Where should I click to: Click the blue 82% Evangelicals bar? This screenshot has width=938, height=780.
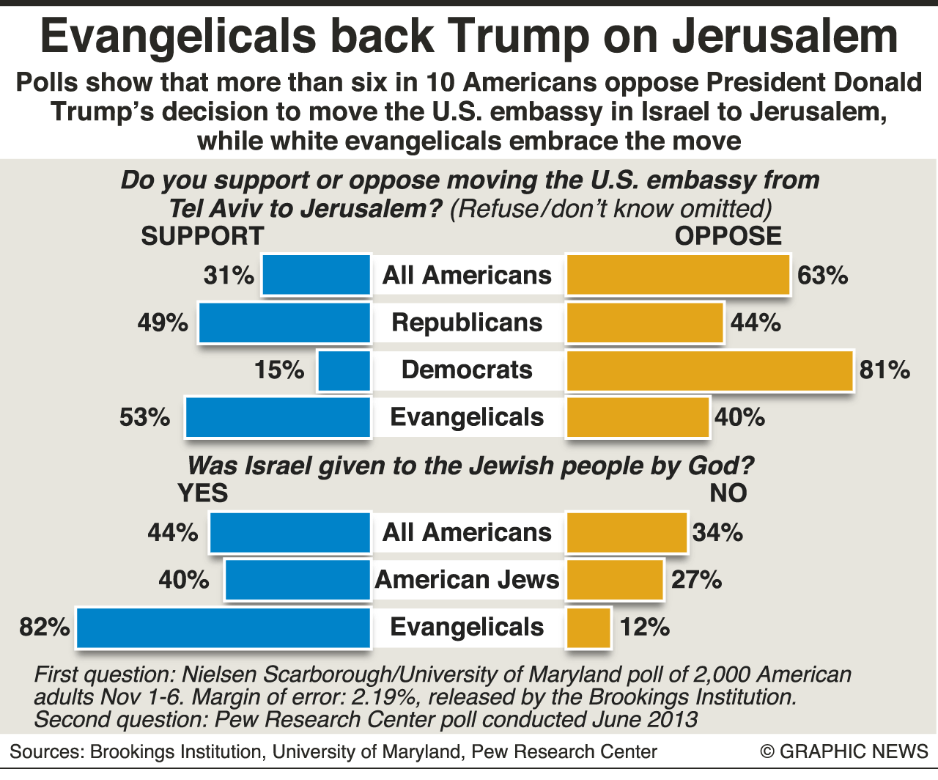click(x=224, y=628)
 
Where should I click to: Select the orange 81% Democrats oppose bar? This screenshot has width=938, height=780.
click(x=709, y=370)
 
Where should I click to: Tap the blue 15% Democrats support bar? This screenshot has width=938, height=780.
click(x=344, y=370)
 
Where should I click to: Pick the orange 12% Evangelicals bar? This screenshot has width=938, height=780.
click(x=588, y=628)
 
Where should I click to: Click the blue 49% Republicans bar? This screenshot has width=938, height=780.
click(x=284, y=323)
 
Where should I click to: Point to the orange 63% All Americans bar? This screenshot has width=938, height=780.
click(x=678, y=276)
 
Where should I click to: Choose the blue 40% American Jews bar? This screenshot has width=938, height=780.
click(x=298, y=580)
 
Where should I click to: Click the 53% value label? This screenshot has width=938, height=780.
click(x=145, y=417)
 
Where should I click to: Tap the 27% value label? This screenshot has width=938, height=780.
click(x=697, y=580)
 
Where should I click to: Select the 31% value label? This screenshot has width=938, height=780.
click(x=229, y=276)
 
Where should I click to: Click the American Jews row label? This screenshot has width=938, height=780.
click(x=468, y=580)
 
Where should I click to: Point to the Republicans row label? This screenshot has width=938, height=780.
click(x=468, y=323)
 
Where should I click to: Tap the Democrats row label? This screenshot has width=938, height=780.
click(x=468, y=370)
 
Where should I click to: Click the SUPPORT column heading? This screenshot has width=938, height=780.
click(x=202, y=236)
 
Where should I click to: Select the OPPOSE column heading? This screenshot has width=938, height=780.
click(x=728, y=236)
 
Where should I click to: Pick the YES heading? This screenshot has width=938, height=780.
click(x=203, y=493)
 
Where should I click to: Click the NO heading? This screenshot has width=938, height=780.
click(x=728, y=493)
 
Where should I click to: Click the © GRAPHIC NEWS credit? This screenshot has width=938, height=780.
click(x=844, y=751)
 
